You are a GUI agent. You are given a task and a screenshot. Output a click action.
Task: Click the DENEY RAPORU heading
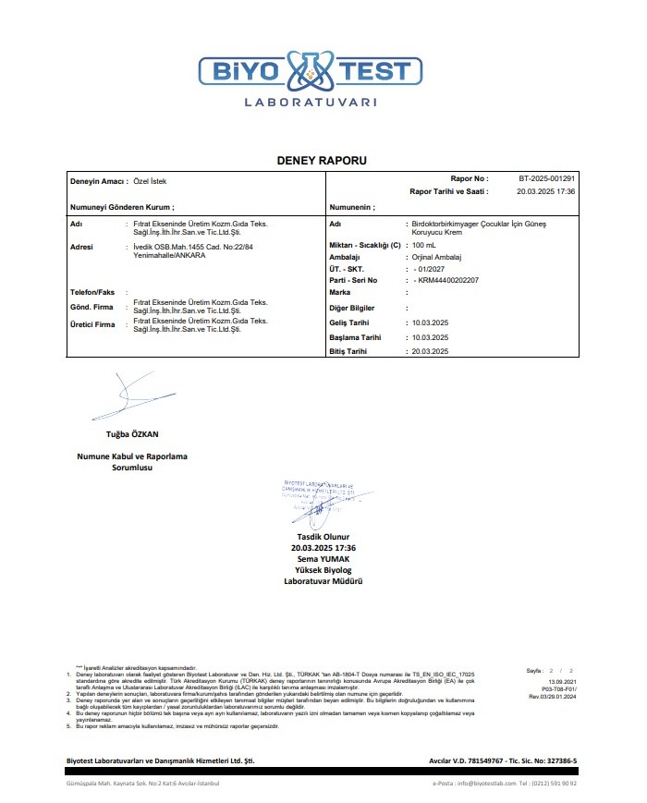pos(322,161)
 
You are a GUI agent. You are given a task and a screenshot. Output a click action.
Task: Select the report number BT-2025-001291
pos(546,178)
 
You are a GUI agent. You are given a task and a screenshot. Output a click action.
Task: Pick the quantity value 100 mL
pos(424,245)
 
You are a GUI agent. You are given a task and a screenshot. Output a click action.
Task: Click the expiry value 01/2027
pos(431,268)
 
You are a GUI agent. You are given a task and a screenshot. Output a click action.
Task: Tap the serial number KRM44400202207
pos(447,279)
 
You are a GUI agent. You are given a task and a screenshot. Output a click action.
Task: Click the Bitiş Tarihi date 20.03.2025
pos(430,352)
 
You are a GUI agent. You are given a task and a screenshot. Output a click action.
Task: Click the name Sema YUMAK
pos(323,558)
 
